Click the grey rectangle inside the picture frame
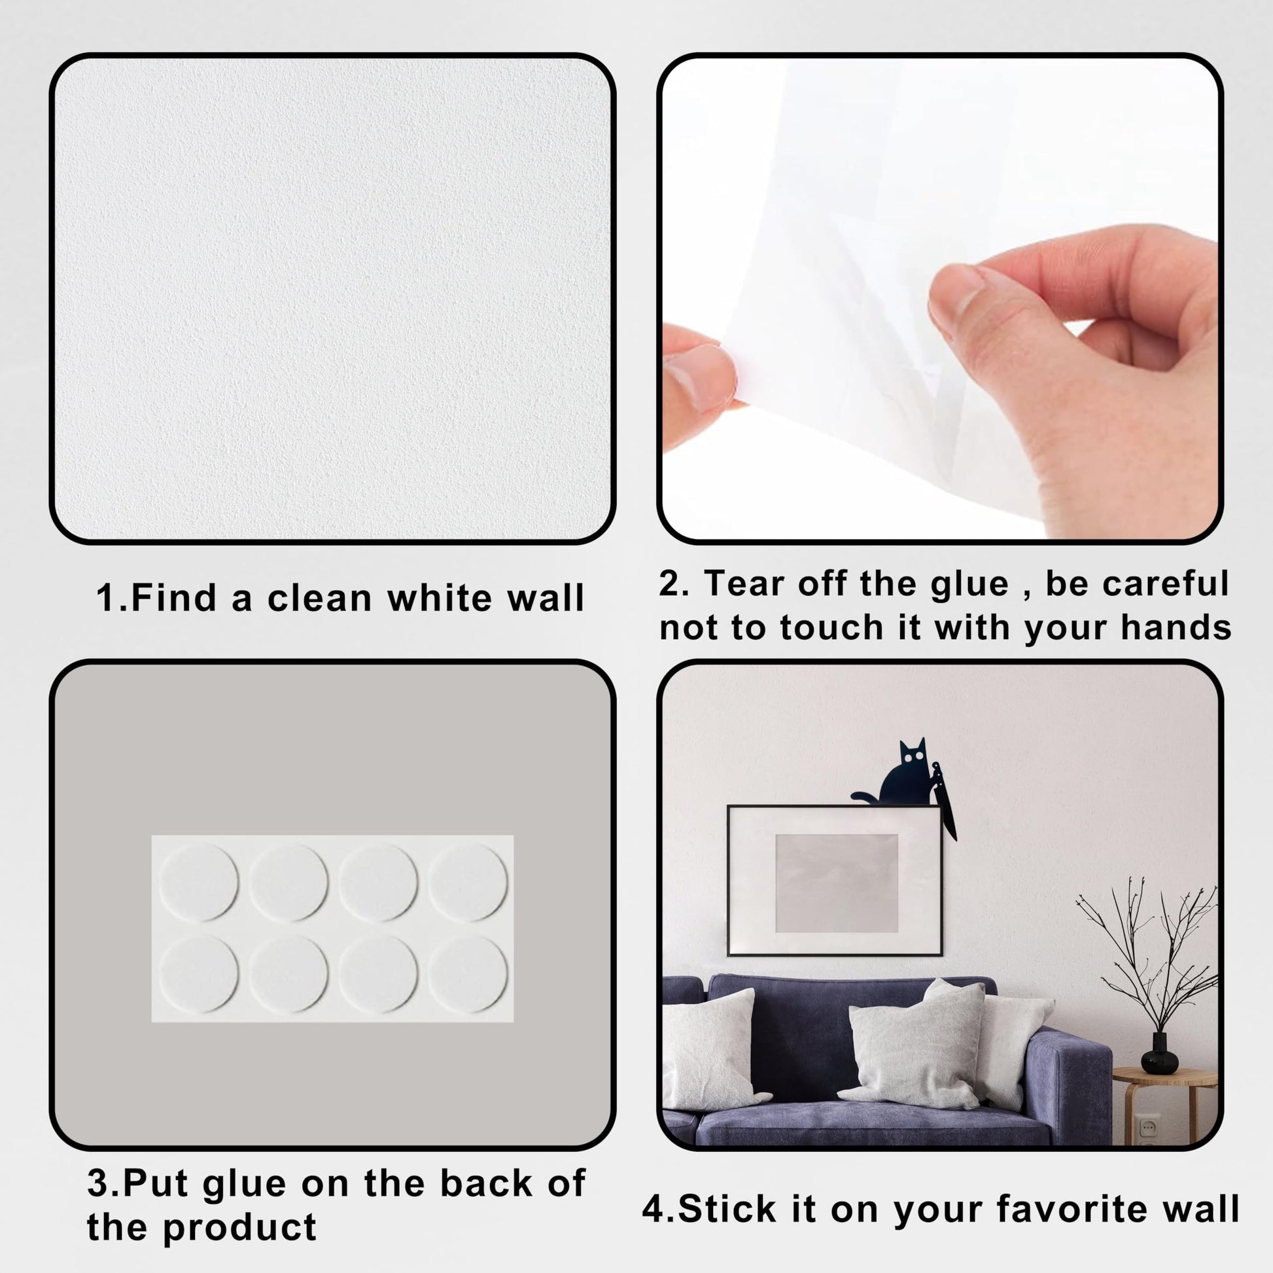point(836,883)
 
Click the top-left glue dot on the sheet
point(198,882)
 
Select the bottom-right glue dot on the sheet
point(468,974)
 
